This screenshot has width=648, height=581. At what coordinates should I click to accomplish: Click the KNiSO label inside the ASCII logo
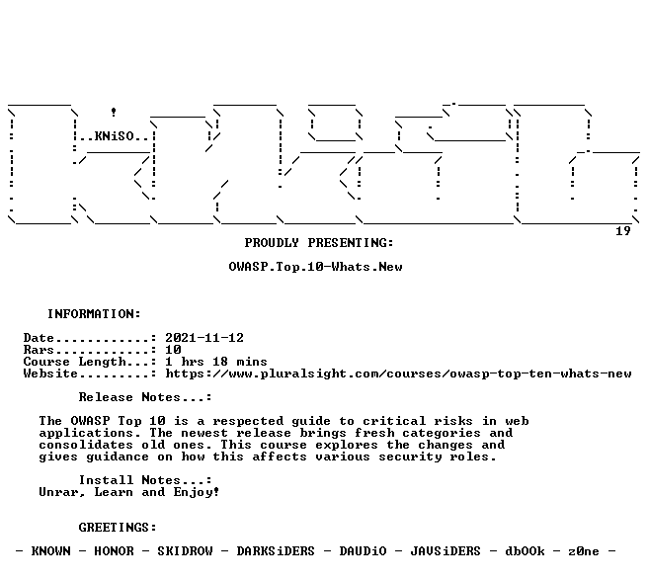[114, 136]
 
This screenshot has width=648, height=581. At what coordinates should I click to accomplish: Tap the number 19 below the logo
[623, 231]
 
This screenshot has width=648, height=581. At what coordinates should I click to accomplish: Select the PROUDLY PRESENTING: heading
[319, 243]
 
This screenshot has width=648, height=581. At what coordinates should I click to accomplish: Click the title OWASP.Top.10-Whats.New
[315, 267]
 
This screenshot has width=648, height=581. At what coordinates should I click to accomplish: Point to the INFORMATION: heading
[94, 314]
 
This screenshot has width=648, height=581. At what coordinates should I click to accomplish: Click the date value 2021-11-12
[204, 338]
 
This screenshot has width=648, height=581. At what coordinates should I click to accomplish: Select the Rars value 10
[173, 350]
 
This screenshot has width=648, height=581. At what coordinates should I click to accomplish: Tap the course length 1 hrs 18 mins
[216, 362]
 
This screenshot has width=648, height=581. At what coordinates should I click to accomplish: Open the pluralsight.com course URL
[398, 373]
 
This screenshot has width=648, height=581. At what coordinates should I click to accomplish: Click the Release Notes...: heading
[145, 397]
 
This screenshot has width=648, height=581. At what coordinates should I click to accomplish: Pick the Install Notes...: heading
[145, 480]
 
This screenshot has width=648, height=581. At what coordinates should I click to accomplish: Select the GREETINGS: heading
[118, 528]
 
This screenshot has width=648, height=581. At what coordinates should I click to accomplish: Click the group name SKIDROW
[185, 551]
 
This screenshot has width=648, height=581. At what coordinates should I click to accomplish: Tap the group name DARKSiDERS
[276, 551]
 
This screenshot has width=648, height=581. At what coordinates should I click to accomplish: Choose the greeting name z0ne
[584, 551]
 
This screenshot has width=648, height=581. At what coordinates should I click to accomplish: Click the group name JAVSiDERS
[445, 551]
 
